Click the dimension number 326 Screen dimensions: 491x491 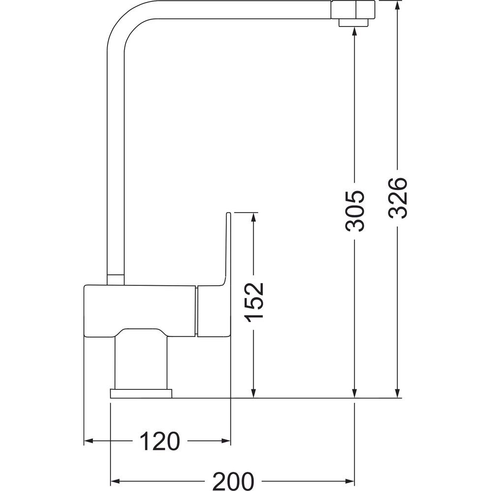397,198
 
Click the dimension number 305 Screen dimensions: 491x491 355,211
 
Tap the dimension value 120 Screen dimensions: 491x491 160,441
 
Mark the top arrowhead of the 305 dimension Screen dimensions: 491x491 355,32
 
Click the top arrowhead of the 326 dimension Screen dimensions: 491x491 397,5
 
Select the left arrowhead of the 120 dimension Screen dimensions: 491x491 89,441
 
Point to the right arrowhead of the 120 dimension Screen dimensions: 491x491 226,441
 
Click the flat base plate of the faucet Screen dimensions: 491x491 141,394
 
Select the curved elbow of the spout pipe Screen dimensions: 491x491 125,22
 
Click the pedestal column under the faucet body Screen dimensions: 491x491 140,363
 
